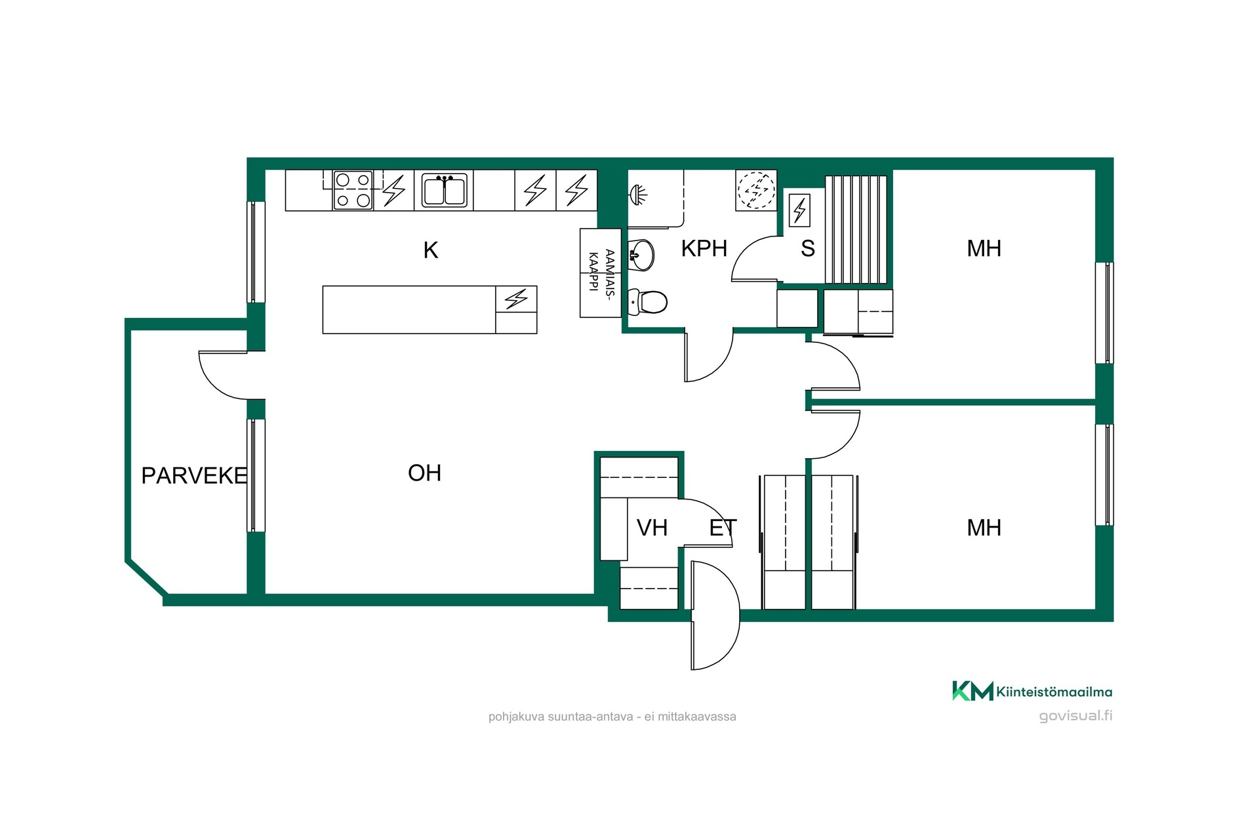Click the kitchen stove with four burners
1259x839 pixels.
(x=353, y=190)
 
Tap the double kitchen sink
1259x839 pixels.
(x=445, y=190)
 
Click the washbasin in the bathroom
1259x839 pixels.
(x=641, y=255)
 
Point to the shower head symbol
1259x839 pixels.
(x=638, y=193)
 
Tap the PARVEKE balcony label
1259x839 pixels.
(x=194, y=476)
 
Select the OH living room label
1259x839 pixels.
(x=424, y=473)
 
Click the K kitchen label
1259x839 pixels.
(x=430, y=250)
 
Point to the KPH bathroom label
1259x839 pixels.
(x=704, y=249)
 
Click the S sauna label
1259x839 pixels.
(x=808, y=249)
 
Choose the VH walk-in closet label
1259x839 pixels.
(x=652, y=528)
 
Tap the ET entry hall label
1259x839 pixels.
(x=723, y=528)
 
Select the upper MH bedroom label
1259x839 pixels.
(x=984, y=249)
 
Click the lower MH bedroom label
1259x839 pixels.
(x=984, y=528)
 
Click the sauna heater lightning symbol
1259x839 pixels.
(x=799, y=210)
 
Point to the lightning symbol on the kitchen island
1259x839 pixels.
(x=516, y=300)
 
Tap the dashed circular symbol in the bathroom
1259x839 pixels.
(x=756, y=190)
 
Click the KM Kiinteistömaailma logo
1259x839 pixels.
(x=1032, y=691)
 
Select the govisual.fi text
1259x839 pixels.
(x=1075, y=716)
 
